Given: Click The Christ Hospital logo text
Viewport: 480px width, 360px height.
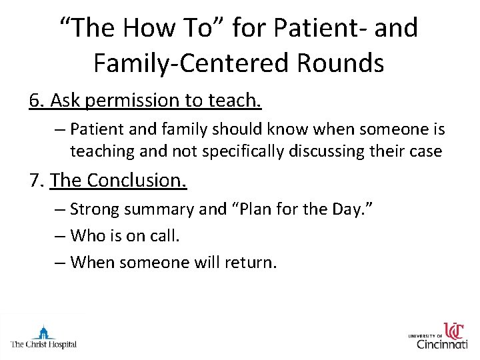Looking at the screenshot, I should pos(43,345).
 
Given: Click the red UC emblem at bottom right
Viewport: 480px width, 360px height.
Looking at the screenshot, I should pos(454,330).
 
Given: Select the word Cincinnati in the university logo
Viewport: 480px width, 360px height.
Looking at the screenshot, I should pos(442,344).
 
